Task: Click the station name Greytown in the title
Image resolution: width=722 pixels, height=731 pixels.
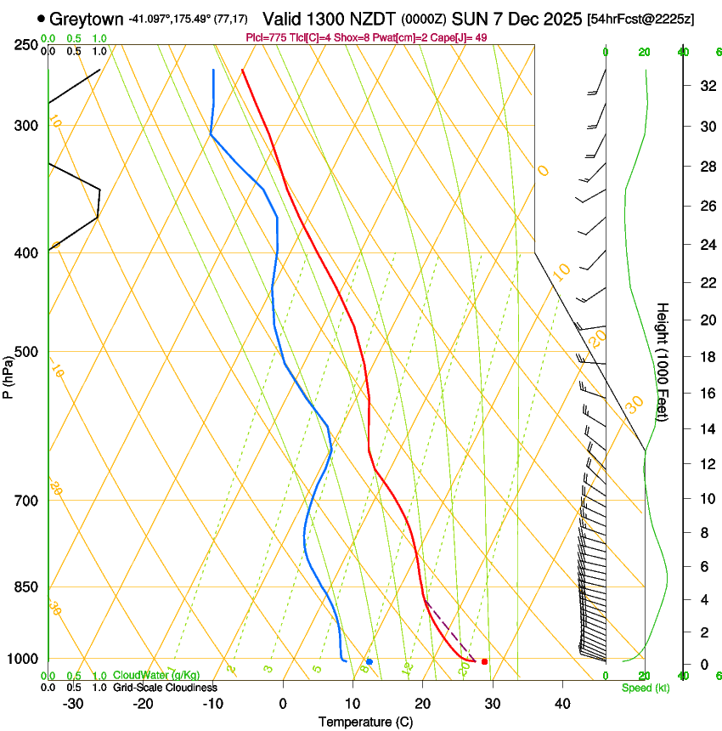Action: (x=87, y=19)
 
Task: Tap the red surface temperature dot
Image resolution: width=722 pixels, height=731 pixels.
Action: (x=484, y=661)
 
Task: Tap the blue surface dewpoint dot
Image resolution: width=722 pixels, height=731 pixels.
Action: (x=369, y=661)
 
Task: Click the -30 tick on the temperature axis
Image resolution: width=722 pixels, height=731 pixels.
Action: (x=73, y=703)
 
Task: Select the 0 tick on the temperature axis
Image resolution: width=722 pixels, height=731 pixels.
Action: (x=283, y=703)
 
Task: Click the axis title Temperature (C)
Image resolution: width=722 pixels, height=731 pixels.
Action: (x=365, y=722)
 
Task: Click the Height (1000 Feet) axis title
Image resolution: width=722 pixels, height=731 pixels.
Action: (x=663, y=362)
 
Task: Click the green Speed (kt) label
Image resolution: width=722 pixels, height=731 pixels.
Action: (x=645, y=688)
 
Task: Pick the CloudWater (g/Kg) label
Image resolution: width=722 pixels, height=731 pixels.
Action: (x=156, y=675)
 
